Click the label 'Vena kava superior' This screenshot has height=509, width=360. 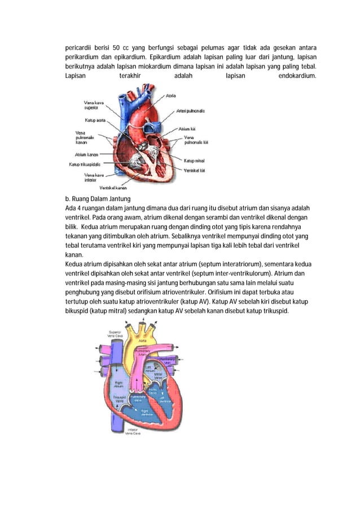tap(91, 104)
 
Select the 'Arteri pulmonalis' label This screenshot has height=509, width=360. tap(190, 111)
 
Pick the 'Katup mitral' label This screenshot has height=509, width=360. tap(194, 161)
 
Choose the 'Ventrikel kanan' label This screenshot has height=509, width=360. tap(113, 187)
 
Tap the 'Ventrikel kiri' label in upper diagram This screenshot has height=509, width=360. tap(195, 170)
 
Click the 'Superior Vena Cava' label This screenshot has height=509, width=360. tap(115, 334)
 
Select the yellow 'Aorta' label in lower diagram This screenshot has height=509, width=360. tap(143, 341)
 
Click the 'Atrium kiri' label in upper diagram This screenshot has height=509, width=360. tap(187, 129)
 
